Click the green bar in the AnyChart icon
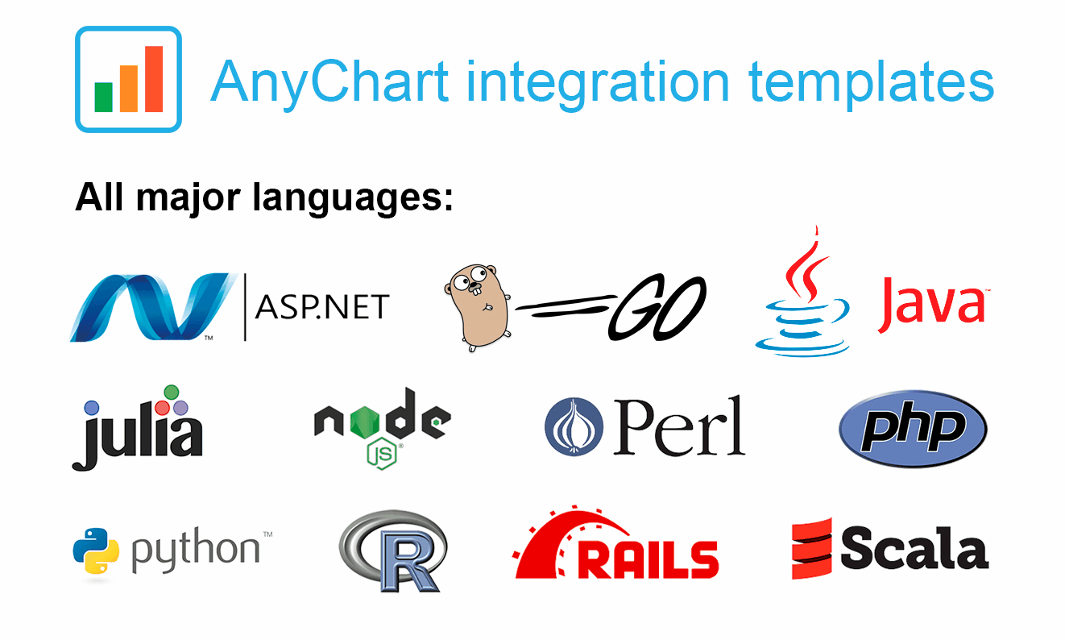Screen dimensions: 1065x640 click(103, 97)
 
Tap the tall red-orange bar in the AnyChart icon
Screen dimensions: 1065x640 click(154, 78)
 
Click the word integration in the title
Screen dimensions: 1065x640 click(598, 83)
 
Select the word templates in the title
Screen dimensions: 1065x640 click(871, 83)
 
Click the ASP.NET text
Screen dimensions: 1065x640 click(322, 307)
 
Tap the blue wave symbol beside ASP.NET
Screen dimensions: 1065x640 click(153, 307)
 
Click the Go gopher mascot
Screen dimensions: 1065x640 click(478, 308)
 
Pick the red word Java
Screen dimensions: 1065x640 click(932, 305)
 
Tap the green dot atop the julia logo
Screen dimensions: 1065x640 click(171, 393)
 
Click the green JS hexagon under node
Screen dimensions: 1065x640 click(382, 454)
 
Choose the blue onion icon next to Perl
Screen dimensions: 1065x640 click(574, 427)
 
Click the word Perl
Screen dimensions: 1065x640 click(679, 426)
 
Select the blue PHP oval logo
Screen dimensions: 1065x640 click(913, 429)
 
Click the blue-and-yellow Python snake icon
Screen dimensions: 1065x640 click(96, 551)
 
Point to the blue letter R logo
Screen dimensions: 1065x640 click(394, 551)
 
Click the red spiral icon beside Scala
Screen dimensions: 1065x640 click(812, 548)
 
